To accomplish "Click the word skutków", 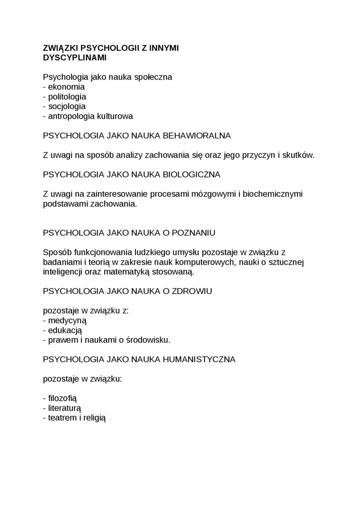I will pyautogui.click(x=299, y=155).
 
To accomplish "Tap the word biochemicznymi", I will pyautogui.click(x=270, y=194).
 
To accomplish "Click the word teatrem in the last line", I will pyautogui.click(x=63, y=417).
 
